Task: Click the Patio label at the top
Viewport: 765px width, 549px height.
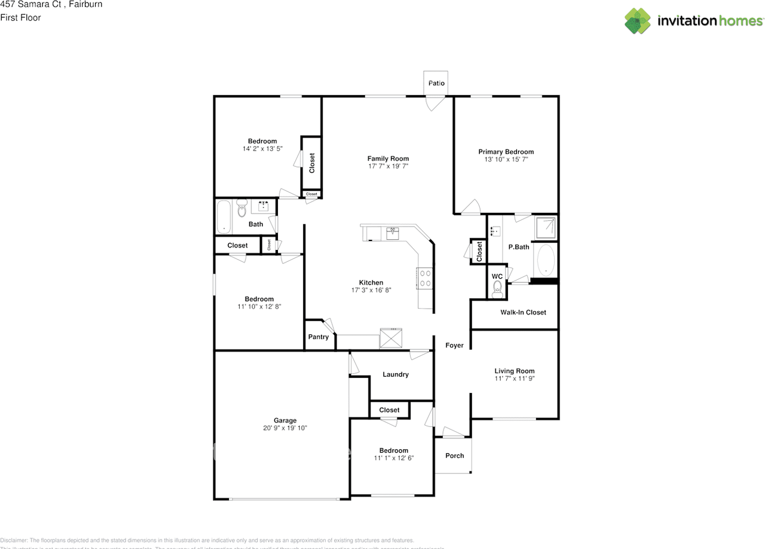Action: tap(436, 83)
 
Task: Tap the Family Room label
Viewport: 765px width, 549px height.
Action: tap(388, 158)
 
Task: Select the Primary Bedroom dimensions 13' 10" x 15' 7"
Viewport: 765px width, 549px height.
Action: tap(506, 160)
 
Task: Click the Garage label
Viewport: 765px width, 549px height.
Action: tap(285, 420)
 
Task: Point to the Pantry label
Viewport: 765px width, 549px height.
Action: tap(319, 337)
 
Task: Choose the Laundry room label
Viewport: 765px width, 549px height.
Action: tap(396, 374)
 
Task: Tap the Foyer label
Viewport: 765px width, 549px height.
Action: tap(454, 345)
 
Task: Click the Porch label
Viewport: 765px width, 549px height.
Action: tap(454, 456)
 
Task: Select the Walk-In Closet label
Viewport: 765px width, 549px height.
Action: tap(523, 312)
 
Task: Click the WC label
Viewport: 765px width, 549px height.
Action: tap(497, 276)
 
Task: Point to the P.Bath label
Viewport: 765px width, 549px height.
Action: tap(518, 247)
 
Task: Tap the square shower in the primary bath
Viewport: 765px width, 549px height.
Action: tap(546, 227)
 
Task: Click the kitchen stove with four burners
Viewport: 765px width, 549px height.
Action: tap(425, 278)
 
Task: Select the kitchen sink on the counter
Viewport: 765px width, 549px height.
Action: tap(393, 232)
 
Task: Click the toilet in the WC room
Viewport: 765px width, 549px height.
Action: tap(497, 289)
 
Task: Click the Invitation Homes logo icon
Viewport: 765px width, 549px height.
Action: tap(638, 21)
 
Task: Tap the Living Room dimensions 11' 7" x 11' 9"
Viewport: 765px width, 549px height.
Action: tap(514, 379)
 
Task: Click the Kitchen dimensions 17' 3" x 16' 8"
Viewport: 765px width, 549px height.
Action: tap(371, 290)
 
